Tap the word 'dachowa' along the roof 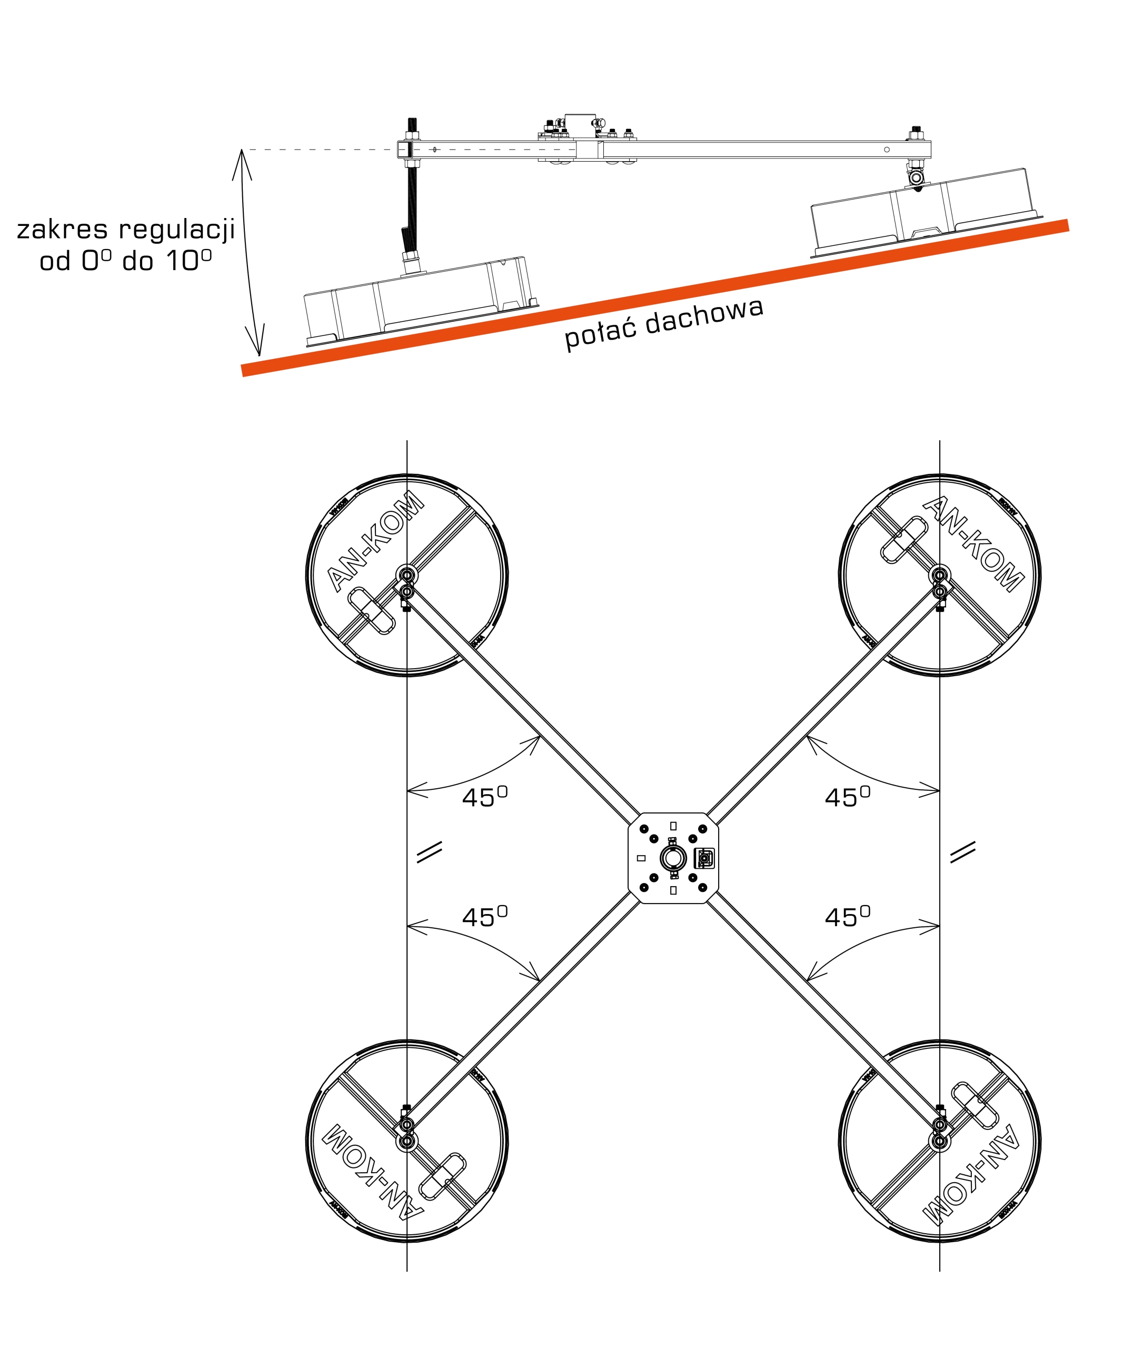click(x=704, y=317)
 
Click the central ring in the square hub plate click(x=673, y=858)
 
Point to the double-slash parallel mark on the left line click(x=429, y=852)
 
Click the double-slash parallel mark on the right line click(x=962, y=852)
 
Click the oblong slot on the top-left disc click(x=371, y=612)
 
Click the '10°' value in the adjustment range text click(x=188, y=260)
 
